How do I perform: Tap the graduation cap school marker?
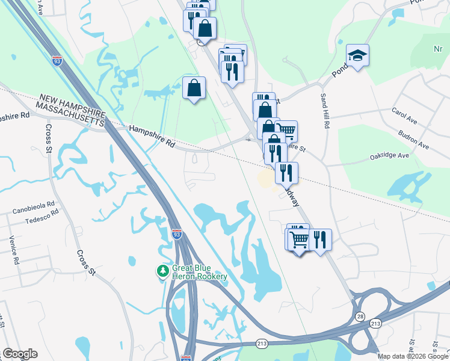point(357,56)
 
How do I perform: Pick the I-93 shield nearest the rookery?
point(177,233)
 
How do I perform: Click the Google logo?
point(19,354)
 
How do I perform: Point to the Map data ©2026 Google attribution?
point(413,356)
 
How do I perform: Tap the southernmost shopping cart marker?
point(299,239)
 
